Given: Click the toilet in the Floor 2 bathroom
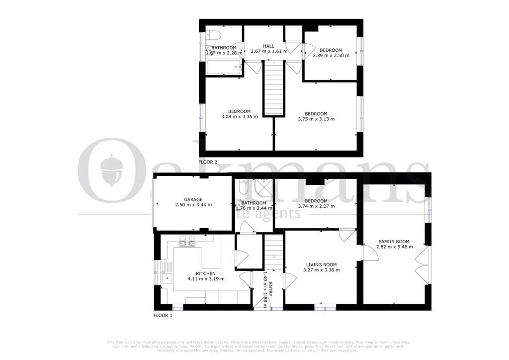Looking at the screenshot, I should [x=213, y=36].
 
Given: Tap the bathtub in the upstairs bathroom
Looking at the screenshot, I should [x=223, y=68].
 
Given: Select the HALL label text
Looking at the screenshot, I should [x=268, y=46].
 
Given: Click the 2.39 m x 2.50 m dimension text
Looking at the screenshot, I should [x=331, y=56].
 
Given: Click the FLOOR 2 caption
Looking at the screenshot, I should [x=208, y=162].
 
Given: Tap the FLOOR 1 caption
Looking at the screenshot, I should [x=163, y=315].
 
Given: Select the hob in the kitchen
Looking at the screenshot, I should [x=187, y=242].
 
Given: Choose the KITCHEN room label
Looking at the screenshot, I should [x=205, y=273].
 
